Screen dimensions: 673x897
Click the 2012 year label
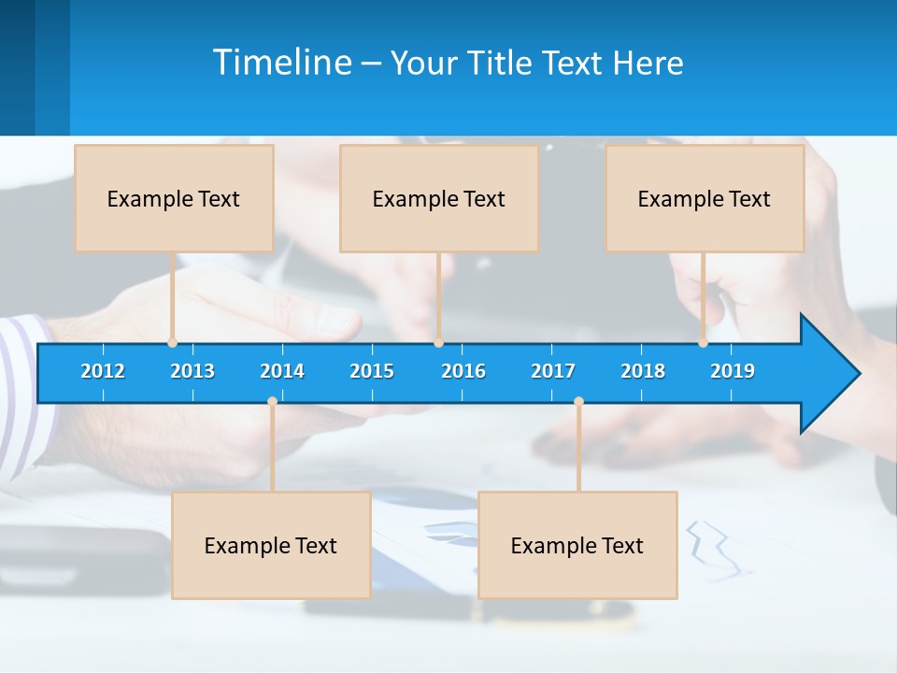(103, 371)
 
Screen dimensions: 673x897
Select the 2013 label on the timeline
(192, 371)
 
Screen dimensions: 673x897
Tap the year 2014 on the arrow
(282, 371)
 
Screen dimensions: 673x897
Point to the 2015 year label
(372, 371)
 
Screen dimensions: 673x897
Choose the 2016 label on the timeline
(463, 371)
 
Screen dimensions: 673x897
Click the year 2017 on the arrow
(553, 371)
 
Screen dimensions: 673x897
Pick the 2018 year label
(643, 371)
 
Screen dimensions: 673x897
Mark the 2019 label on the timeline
(733, 371)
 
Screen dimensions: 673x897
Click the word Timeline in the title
(282, 63)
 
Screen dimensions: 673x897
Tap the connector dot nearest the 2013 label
(172, 343)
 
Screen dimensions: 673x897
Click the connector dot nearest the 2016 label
(438, 343)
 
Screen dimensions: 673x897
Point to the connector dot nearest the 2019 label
(704, 343)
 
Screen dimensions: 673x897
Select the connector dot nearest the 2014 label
(272, 402)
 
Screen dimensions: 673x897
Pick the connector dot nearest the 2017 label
(578, 402)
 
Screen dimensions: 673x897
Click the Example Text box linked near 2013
(174, 198)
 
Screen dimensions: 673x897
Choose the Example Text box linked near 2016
(439, 198)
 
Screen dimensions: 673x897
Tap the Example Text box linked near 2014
(271, 545)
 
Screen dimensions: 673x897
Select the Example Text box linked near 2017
(577, 545)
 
